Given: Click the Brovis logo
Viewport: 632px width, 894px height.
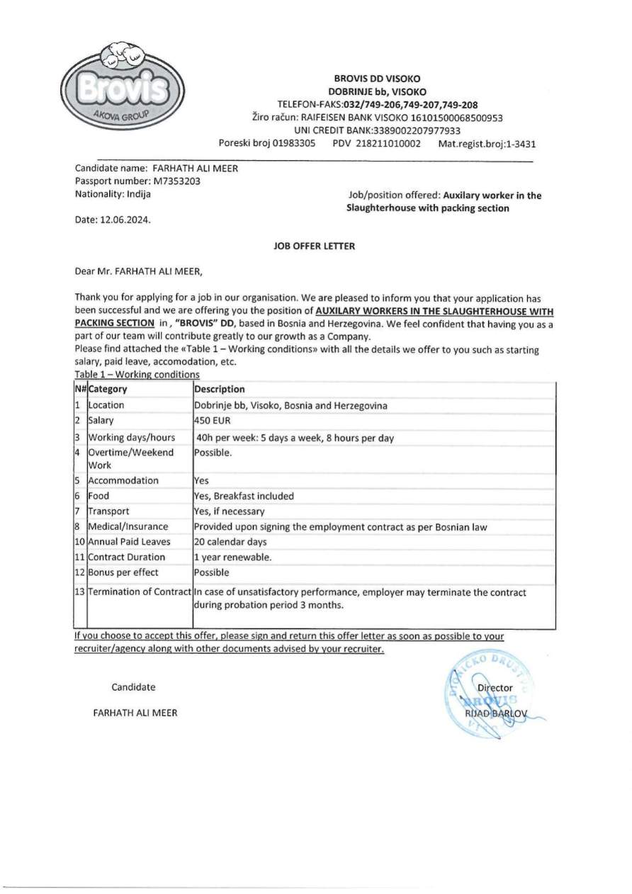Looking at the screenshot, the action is (124, 88).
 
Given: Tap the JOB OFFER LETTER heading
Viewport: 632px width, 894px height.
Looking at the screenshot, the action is (314, 247).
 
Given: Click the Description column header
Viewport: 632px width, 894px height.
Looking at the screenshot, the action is (220, 389).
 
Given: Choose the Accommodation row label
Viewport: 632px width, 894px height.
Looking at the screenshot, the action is (123, 480).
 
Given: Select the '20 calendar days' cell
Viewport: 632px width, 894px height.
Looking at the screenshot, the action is (230, 542).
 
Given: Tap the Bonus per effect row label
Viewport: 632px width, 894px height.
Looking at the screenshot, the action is (123, 572).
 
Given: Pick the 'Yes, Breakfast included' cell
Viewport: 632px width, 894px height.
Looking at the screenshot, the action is (244, 496).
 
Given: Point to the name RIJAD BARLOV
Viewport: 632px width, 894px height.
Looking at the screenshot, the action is (496, 714).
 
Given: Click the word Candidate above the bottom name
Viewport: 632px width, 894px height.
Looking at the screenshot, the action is (133, 686).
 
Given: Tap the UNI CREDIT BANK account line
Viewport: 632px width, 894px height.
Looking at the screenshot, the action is (377, 130).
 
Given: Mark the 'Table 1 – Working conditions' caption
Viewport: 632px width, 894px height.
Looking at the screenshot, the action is (137, 374).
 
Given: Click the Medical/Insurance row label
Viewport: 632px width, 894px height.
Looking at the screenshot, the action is (128, 526).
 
